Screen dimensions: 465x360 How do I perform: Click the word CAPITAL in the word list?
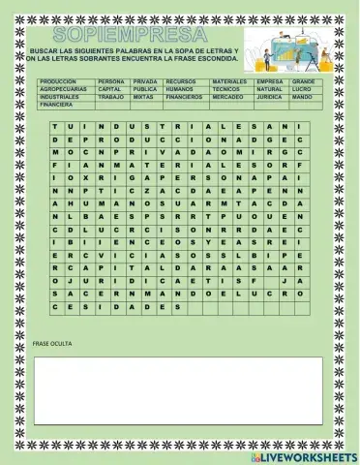[110, 89]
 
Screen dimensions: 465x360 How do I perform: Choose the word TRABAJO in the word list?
[112, 97]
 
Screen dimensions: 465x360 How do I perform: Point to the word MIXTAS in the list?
[143, 97]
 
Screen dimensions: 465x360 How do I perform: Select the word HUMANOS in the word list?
[180, 89]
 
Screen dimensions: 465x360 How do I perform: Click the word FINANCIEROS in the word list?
[185, 97]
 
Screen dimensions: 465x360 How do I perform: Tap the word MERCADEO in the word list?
[228, 97]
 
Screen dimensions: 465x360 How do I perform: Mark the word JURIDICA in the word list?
[270, 97]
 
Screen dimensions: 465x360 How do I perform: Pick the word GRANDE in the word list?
[303, 81]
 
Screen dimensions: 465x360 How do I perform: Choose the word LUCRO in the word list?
[301, 89]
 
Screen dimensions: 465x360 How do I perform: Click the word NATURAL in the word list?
[270, 89]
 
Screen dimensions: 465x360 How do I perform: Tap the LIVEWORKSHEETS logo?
[303, 455]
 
